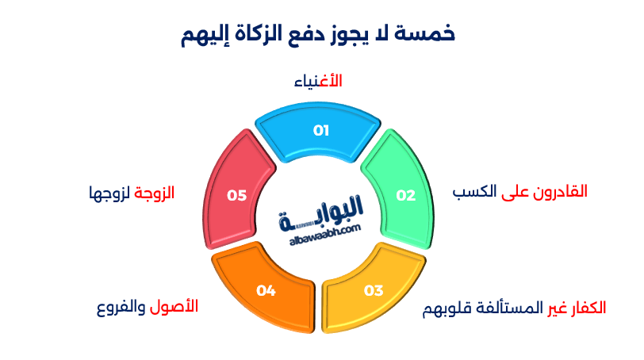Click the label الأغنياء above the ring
[x=319, y=82]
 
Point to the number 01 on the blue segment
[x=320, y=131]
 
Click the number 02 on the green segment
[x=406, y=196]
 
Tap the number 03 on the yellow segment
[x=374, y=290]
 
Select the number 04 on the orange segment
[x=266, y=291]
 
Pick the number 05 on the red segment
[x=236, y=196]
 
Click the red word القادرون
[x=560, y=192]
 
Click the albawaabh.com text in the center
[x=320, y=229]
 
